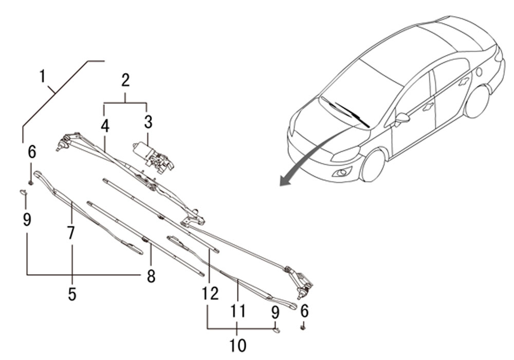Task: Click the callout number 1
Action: click(x=43, y=77)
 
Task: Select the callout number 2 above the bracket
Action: click(x=125, y=80)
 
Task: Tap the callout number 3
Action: click(x=148, y=122)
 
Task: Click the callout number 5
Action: click(x=72, y=295)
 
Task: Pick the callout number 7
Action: click(x=71, y=233)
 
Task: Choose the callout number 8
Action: click(x=151, y=277)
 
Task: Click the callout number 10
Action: click(x=237, y=345)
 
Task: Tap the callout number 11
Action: click(x=237, y=311)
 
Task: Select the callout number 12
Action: click(x=210, y=293)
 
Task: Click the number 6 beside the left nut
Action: click(x=32, y=152)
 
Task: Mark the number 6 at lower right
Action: click(x=304, y=311)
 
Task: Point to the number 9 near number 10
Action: click(x=276, y=312)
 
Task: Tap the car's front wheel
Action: click(x=374, y=165)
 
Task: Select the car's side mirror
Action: click(x=402, y=118)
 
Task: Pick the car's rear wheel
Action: click(x=478, y=101)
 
